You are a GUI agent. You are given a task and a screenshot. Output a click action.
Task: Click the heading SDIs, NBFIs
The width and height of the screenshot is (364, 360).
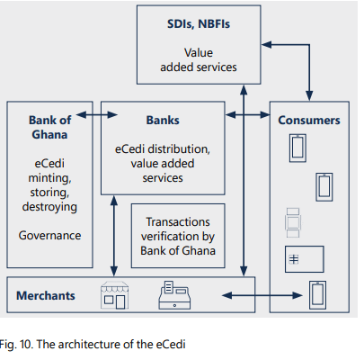pyautogui.click(x=199, y=24)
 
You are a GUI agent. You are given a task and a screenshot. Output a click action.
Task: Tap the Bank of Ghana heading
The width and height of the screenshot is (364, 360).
pyautogui.click(x=49, y=127)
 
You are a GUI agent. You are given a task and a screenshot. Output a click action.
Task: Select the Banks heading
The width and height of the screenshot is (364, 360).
pyautogui.click(x=163, y=120)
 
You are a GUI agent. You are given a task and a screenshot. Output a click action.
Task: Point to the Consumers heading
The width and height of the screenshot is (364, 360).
pyautogui.click(x=309, y=120)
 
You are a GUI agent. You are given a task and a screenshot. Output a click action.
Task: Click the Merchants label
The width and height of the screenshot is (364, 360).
pyautogui.click(x=46, y=295)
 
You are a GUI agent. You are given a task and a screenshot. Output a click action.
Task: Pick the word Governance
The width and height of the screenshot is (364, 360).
pyautogui.click(x=49, y=236)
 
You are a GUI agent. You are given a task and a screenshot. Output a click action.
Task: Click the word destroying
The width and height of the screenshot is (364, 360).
pyautogui.click(x=49, y=207)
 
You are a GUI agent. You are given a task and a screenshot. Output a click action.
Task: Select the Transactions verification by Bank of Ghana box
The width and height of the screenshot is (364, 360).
pyautogui.click(x=178, y=236)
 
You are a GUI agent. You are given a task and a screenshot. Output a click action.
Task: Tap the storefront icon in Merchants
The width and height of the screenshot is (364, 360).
pyautogui.click(x=115, y=295)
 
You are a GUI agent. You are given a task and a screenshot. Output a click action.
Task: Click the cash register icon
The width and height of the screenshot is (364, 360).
pyautogui.click(x=174, y=295)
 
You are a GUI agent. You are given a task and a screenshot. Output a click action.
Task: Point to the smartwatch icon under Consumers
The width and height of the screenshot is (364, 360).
pyautogui.click(x=293, y=222)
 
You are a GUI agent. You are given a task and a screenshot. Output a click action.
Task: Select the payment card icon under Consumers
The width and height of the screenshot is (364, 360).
pyautogui.click(x=305, y=259)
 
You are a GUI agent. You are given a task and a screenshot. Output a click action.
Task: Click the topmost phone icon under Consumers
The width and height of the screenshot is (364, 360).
pyautogui.click(x=297, y=148)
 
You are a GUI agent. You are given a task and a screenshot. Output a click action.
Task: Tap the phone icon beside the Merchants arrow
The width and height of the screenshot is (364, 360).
pyautogui.click(x=317, y=295)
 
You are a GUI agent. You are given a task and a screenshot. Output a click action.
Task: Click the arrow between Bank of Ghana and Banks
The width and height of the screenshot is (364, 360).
pyautogui.click(x=97, y=114)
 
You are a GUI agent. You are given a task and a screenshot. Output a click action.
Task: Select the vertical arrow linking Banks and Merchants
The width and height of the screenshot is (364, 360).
pyautogui.click(x=114, y=236)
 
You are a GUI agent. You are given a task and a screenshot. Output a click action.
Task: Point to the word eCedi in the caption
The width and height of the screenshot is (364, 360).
pyautogui.click(x=171, y=344)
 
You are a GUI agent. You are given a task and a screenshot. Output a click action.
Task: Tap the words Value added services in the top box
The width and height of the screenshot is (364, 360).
pyautogui.click(x=199, y=60)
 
